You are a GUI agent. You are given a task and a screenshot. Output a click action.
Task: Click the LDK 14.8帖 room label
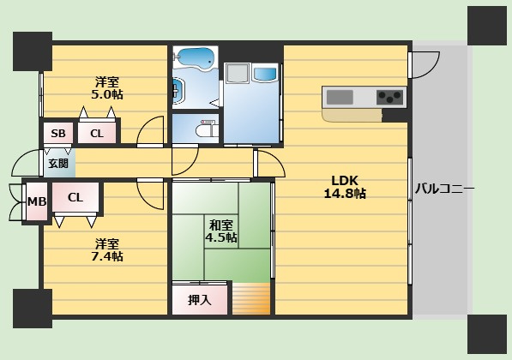[x=345, y=187]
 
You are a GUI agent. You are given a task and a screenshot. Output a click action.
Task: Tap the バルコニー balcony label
[x=444, y=189]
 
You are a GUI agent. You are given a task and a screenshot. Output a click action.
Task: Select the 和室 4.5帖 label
[x=221, y=231]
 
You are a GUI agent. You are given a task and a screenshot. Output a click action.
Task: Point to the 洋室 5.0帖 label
[x=107, y=88]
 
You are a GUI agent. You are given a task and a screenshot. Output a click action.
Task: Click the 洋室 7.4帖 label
[x=107, y=250]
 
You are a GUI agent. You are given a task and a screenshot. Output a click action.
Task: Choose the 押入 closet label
[x=200, y=300]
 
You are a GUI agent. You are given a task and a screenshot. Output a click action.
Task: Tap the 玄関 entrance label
[x=58, y=163]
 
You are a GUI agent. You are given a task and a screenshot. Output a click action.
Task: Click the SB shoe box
[x=58, y=133]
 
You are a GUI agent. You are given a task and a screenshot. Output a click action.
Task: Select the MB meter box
[x=37, y=201]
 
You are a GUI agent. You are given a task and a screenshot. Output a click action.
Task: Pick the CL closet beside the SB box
[x=97, y=133]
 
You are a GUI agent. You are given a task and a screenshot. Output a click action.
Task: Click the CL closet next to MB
[x=75, y=197]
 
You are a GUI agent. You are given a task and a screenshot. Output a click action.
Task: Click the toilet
[x=207, y=130]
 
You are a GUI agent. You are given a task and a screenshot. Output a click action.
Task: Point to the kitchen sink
[x=340, y=97]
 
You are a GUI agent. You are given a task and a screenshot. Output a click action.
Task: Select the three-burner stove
[x=389, y=97]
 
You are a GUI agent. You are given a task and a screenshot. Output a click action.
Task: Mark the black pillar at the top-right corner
[x=487, y=26]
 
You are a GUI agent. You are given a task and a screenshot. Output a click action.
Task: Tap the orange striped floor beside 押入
[x=251, y=298]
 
